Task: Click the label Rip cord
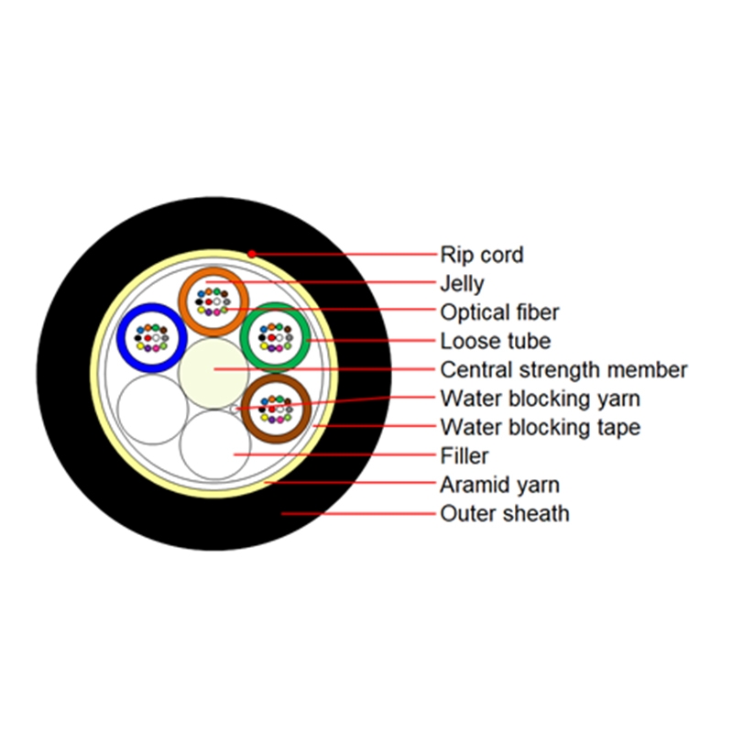[x=482, y=254]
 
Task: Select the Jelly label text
[x=462, y=283]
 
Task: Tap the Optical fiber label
[x=499, y=312]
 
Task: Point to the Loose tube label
[x=496, y=341]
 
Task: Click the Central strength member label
[x=563, y=369]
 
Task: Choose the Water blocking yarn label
[x=540, y=399]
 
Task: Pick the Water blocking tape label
[x=540, y=427]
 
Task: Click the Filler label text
[x=465, y=455]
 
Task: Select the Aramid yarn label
[x=499, y=485]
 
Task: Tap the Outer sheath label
[x=505, y=513]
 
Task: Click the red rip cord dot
[x=251, y=253]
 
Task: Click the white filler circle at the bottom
[x=215, y=443]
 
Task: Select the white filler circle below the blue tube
[x=151, y=409]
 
